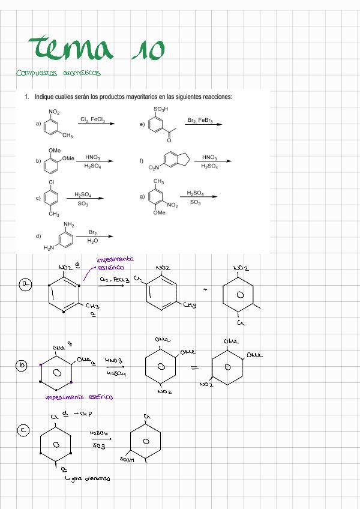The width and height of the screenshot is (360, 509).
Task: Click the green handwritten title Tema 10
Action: pos(96,49)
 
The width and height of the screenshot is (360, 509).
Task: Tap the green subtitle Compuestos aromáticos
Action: pos(59,73)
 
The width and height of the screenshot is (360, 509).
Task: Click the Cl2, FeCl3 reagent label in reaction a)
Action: pos(92,120)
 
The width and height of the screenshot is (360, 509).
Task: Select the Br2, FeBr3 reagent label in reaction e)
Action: pos(200,121)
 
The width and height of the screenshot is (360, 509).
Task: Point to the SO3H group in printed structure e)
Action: pos(161,109)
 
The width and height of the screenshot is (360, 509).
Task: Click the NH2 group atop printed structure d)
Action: pos(69,224)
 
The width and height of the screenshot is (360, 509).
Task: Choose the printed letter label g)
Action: pos(142,196)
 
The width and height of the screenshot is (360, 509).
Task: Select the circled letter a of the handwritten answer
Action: pos(26,284)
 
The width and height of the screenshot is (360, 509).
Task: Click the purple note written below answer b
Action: pos(79,397)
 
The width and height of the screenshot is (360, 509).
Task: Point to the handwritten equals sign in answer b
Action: pos(194,368)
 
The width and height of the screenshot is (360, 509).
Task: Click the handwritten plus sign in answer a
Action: pos(205,289)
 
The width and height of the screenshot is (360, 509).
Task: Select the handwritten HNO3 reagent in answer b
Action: pos(113,360)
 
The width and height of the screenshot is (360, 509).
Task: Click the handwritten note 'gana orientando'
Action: pos(89,478)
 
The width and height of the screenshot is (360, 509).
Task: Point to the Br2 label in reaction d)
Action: pos(93,232)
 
